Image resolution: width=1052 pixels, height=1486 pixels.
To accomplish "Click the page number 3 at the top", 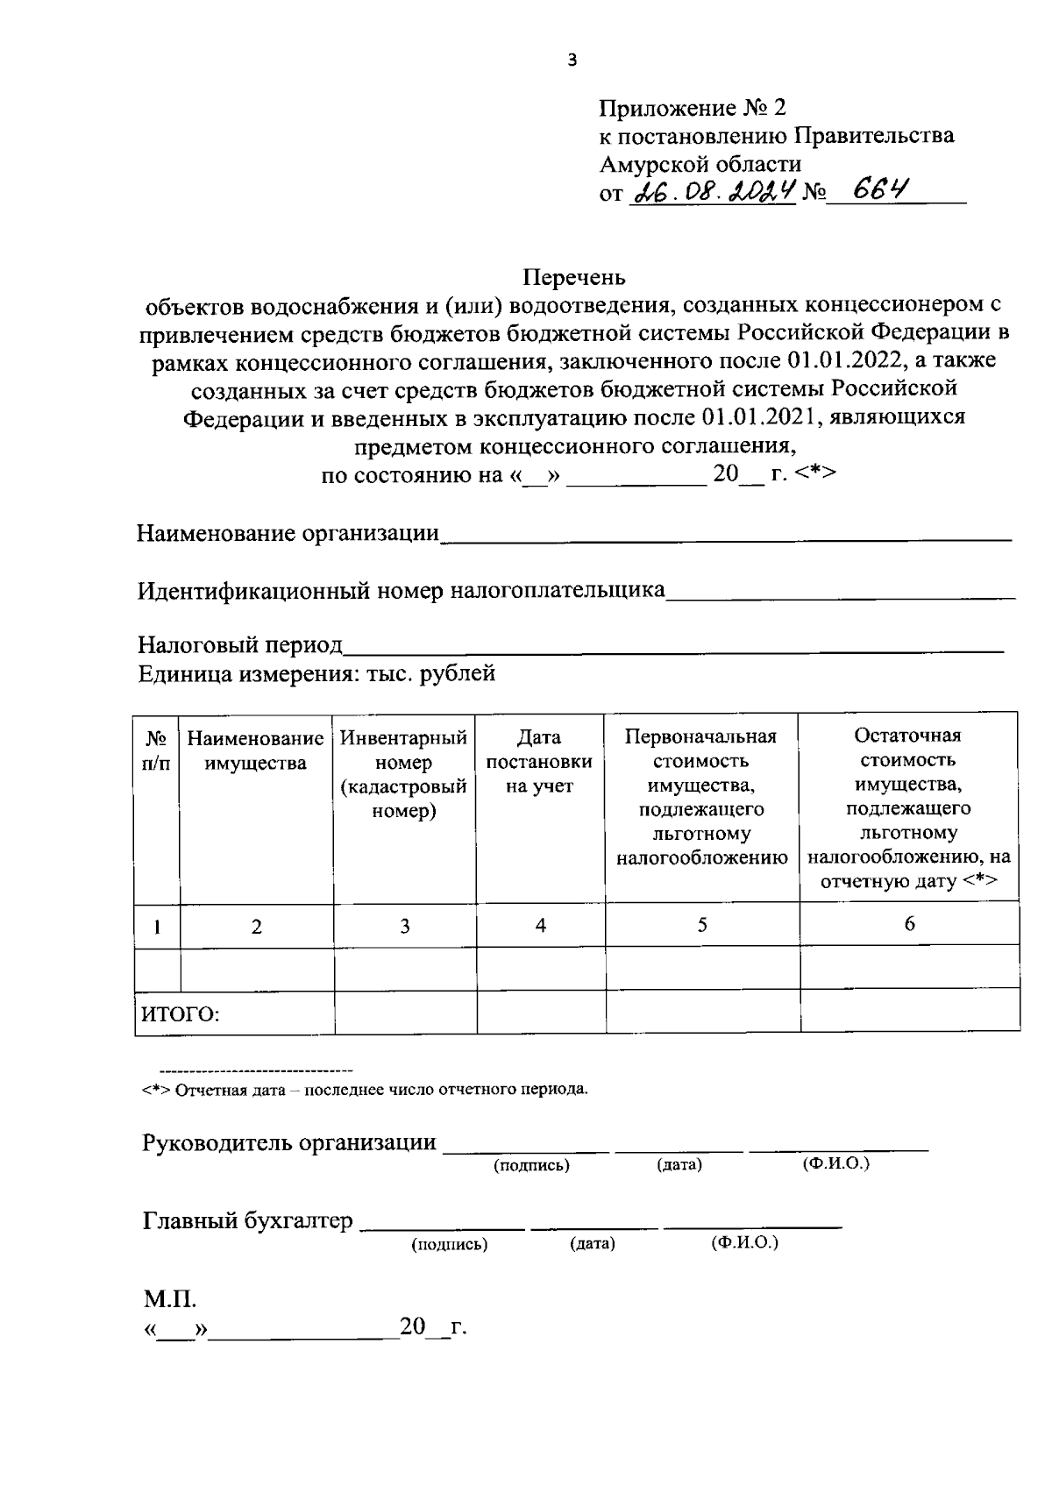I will (572, 60).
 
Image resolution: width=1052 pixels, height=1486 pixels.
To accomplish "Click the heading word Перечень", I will (574, 277).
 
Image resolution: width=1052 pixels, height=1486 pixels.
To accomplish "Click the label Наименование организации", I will (288, 532).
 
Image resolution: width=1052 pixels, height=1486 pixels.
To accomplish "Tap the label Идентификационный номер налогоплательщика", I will (402, 589).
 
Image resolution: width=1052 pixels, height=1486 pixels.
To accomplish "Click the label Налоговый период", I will (240, 645).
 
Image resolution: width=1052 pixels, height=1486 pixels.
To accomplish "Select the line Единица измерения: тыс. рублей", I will (316, 673).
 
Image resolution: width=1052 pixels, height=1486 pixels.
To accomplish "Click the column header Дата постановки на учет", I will (539, 761).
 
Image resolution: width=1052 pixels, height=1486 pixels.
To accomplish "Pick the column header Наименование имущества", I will (255, 750).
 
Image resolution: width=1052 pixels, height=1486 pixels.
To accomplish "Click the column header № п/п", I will (156, 750).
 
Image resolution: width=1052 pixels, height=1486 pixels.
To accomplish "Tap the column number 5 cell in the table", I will (702, 924).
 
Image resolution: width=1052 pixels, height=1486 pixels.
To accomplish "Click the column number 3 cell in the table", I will (404, 925).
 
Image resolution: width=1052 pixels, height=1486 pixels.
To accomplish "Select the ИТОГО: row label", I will (181, 1014).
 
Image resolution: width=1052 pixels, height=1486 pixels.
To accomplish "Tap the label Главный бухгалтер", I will (248, 1220).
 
